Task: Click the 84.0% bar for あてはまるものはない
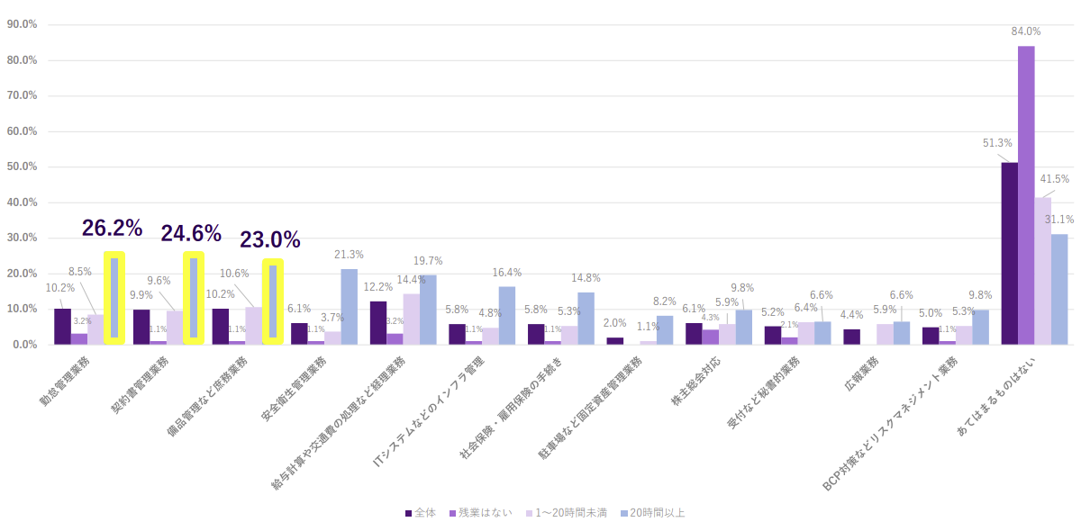[1026, 194]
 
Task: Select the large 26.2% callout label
[113, 229]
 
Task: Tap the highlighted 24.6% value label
[191, 234]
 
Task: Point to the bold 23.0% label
[270, 239]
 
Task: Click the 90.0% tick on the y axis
[22, 24]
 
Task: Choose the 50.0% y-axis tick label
[22, 166]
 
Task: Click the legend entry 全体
[421, 513]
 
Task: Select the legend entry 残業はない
[483, 513]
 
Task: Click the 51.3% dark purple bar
[1010, 253]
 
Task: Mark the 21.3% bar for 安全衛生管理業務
[349, 306]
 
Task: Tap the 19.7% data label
[428, 261]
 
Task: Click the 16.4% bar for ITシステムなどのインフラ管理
[507, 315]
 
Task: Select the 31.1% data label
[1059, 220]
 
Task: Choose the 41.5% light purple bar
[1043, 270]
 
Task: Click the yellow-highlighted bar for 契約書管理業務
[194, 298]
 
